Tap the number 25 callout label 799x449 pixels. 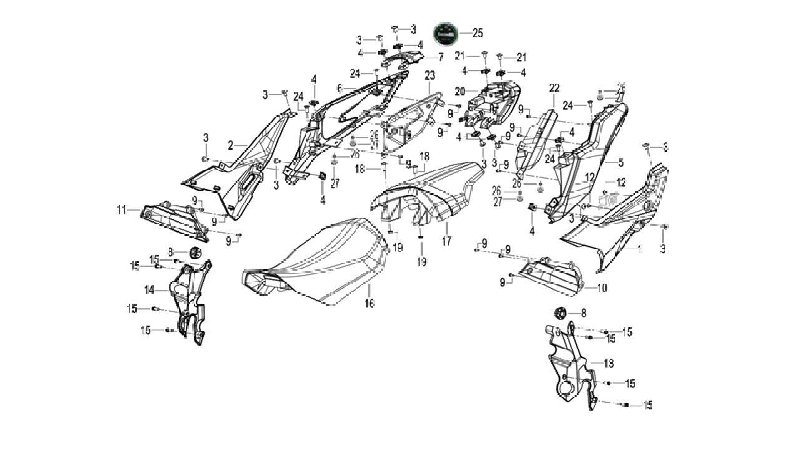point(478,32)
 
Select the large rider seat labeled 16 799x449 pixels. point(318,262)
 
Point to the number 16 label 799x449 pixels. point(370,304)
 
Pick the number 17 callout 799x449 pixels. point(447,240)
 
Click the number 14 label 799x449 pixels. point(149,289)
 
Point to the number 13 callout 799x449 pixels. point(609,362)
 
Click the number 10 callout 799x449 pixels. point(602,289)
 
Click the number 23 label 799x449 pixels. point(429,75)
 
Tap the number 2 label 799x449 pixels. point(230,145)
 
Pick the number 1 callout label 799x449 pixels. point(639,248)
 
